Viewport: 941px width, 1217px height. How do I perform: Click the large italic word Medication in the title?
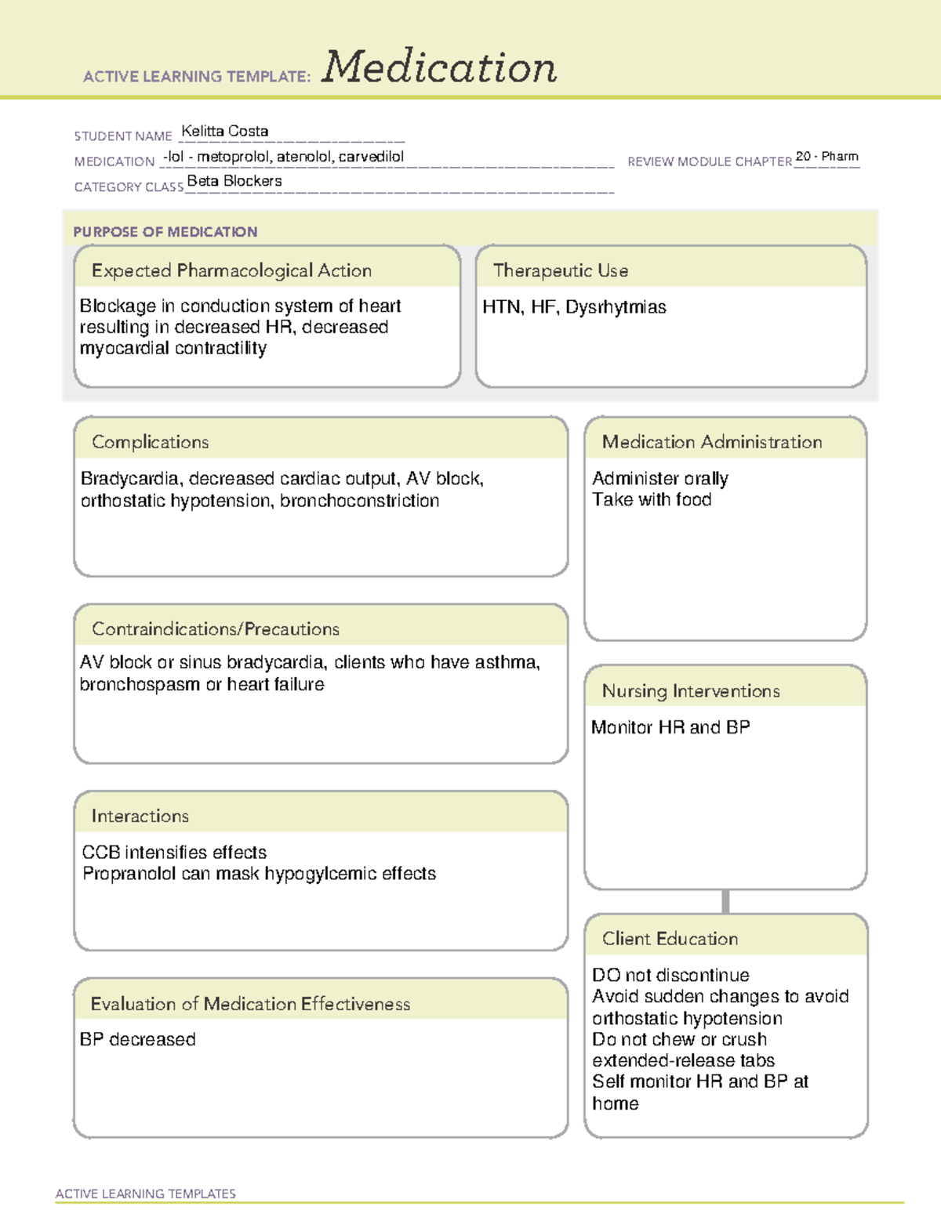point(439,67)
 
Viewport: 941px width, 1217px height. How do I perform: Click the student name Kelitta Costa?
point(224,132)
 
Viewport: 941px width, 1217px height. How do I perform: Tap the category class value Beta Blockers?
point(234,181)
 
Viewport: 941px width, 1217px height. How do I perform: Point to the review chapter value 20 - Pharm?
point(827,157)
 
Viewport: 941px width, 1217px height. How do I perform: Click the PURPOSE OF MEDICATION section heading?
point(165,232)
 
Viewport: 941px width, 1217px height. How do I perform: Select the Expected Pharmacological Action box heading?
point(231,271)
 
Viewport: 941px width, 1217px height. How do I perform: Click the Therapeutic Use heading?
point(560,271)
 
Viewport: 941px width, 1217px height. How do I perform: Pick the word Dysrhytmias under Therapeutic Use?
point(616,307)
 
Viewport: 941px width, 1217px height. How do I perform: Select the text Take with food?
point(652,500)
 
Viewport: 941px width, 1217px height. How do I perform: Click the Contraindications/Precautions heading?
point(216,629)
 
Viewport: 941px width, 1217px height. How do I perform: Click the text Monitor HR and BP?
point(670,728)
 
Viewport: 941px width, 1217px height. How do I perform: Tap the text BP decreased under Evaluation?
point(138,1040)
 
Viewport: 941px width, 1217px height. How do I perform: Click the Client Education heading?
point(670,939)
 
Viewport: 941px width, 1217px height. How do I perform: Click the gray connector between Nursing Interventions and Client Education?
point(725,901)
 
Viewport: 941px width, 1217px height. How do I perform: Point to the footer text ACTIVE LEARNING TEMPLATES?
point(146,1193)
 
